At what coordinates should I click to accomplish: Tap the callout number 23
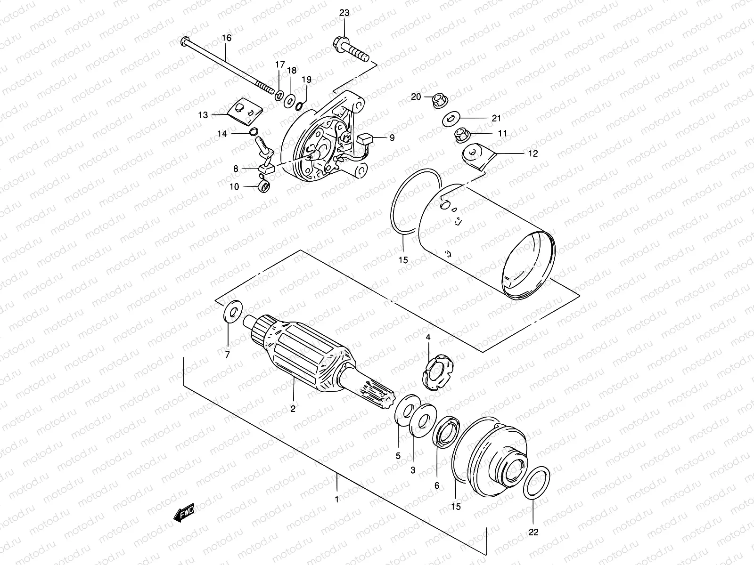pyautogui.click(x=344, y=13)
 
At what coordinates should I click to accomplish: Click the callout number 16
pyautogui.click(x=227, y=38)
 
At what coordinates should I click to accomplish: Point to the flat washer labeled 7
pyautogui.click(x=231, y=311)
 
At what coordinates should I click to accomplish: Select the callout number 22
pyautogui.click(x=533, y=533)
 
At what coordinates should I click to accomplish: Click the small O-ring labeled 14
pyautogui.click(x=254, y=132)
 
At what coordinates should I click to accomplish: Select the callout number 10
pyautogui.click(x=234, y=187)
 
